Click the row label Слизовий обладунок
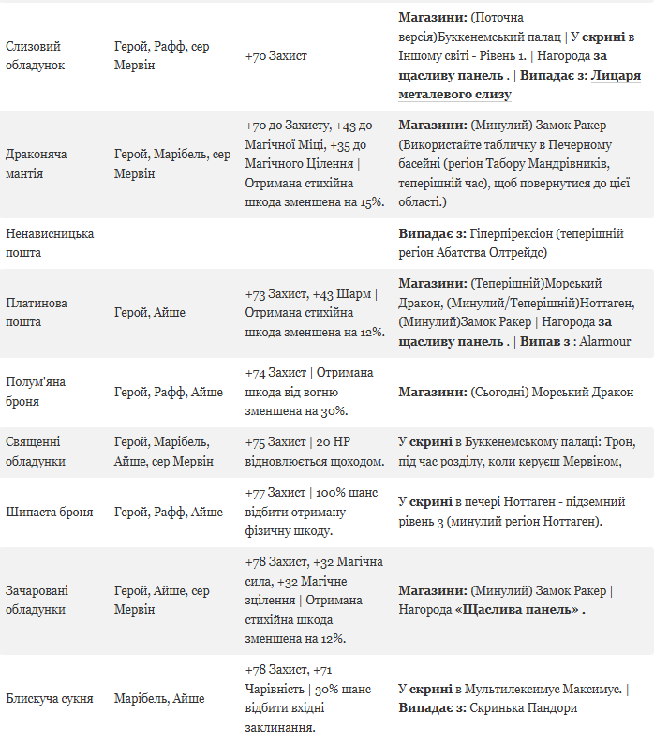tap(36, 56)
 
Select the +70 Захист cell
tap(275, 56)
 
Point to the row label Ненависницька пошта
tap(50, 243)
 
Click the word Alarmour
tap(604, 341)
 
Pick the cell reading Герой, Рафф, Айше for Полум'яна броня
tap(169, 392)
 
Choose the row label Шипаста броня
tap(50, 512)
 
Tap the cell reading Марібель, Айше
tap(159, 698)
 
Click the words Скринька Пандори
tap(523, 707)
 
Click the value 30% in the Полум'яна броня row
tap(333, 410)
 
